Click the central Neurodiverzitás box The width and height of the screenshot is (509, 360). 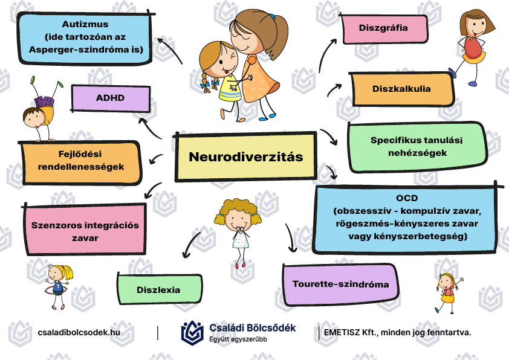coord(246,156)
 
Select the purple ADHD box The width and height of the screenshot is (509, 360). coord(111,98)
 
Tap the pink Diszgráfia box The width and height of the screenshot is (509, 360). coord(384,28)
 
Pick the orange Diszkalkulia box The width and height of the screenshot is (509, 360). coord(401,89)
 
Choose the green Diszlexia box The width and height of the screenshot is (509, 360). coord(159,289)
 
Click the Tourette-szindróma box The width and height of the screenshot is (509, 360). coord(340,284)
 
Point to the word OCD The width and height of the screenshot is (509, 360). coord(407,198)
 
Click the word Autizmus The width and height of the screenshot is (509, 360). coord(85,24)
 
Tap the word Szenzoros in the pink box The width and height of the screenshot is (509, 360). coord(54,225)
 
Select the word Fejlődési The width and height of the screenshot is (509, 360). coord(80,154)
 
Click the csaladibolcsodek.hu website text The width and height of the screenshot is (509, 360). coord(79,332)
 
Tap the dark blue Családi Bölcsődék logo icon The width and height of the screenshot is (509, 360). coord(192,332)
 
